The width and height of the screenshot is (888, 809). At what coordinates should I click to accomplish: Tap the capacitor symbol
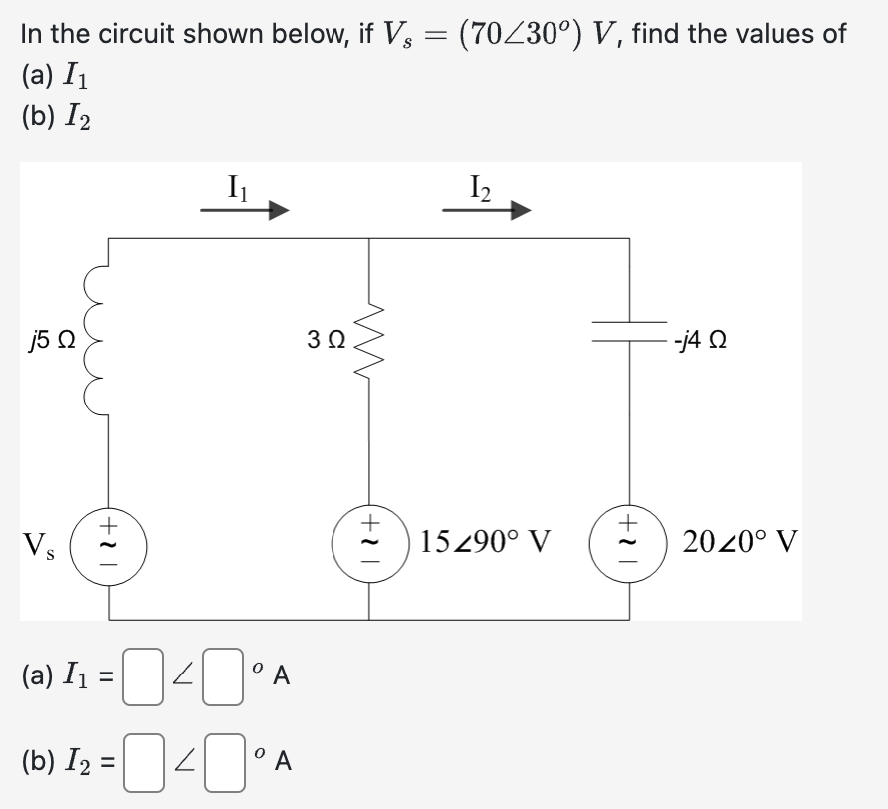coord(628,339)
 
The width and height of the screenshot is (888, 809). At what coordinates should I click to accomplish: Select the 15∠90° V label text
coord(485,544)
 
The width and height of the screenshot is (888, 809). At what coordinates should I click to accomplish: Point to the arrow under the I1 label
coord(245,211)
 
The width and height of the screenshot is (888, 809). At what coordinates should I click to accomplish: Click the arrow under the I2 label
coord(487,211)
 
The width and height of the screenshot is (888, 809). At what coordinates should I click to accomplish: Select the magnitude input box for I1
coord(144,676)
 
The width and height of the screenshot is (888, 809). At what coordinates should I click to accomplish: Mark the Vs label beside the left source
coord(40,546)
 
